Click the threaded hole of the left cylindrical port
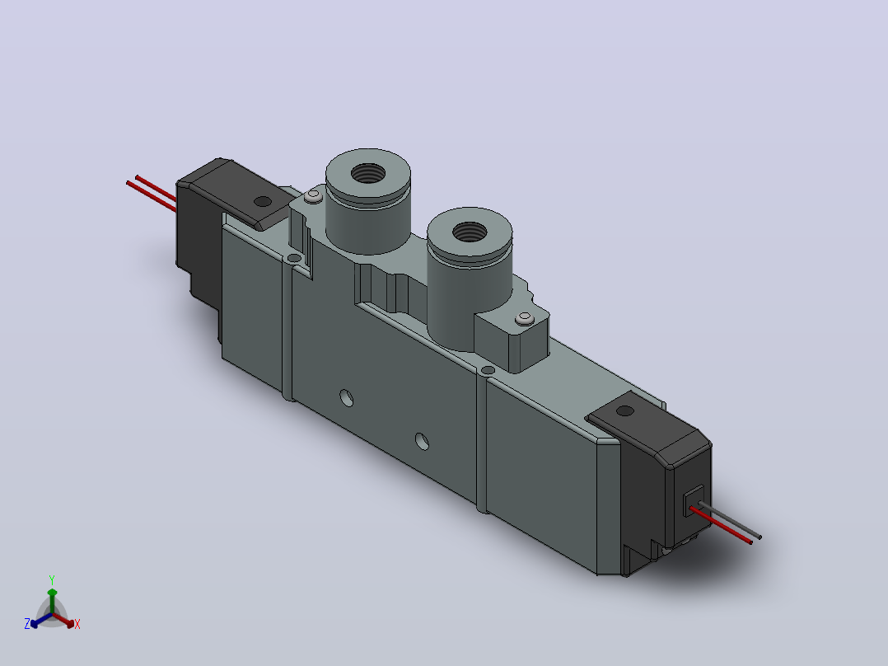[x=368, y=173]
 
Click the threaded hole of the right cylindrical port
[x=470, y=232]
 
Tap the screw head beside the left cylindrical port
[x=313, y=196]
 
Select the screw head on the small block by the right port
[x=525, y=319]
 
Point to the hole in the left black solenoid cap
[x=263, y=201]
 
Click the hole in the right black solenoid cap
[x=624, y=411]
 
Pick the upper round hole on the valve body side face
[x=347, y=398]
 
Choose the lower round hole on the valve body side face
[x=422, y=441]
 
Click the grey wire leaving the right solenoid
[x=731, y=520]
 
